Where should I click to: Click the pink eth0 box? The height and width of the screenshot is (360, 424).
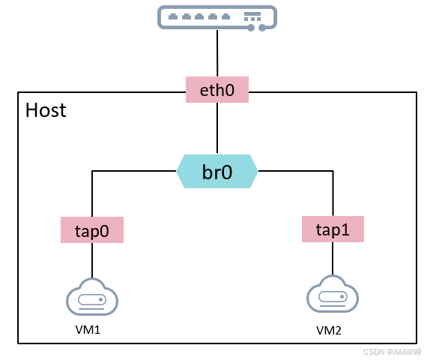pyautogui.click(x=217, y=89)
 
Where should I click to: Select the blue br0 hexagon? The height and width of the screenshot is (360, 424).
pyautogui.click(x=217, y=171)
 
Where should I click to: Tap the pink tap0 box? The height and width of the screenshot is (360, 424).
pyautogui.click(x=92, y=229)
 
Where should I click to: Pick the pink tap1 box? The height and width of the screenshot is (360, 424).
pyautogui.click(x=333, y=229)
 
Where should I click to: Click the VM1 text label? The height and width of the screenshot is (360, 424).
pyautogui.click(x=88, y=330)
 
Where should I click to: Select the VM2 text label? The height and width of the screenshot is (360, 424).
pyautogui.click(x=329, y=331)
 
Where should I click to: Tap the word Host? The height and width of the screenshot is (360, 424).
pyautogui.click(x=46, y=110)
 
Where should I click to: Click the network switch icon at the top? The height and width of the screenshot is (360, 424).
pyautogui.click(x=217, y=18)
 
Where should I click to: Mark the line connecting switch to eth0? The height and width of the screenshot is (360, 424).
pyautogui.click(x=217, y=53)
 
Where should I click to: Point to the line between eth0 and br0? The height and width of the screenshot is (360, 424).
pyautogui.click(x=217, y=128)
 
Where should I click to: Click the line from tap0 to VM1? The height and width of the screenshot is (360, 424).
pyautogui.click(x=92, y=260)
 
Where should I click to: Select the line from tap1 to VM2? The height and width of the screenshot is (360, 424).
pyautogui.click(x=333, y=259)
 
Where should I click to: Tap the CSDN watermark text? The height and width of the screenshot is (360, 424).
pyautogui.click(x=392, y=352)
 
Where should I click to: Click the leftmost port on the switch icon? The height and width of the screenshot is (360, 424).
pyautogui.click(x=173, y=16)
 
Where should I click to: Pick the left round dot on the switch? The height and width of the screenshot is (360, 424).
pyautogui.click(x=251, y=28)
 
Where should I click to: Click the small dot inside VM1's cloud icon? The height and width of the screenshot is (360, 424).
pyautogui.click(x=101, y=300)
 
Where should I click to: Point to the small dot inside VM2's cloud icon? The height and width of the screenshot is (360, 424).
pyautogui.click(x=342, y=297)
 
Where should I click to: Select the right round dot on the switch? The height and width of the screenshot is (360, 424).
pyautogui.click(x=262, y=28)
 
